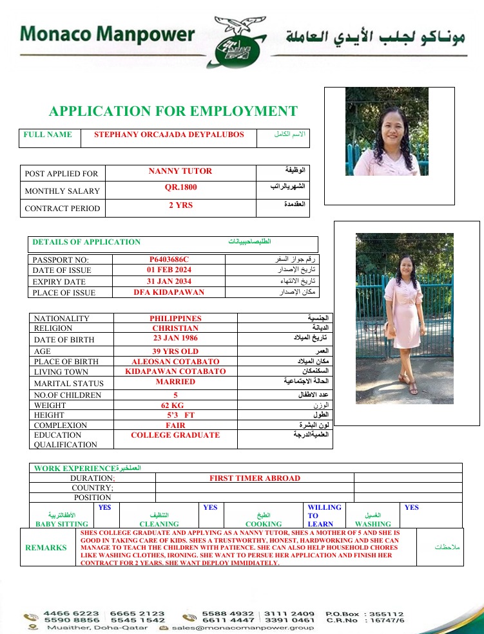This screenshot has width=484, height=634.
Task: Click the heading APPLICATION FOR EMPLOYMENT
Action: [x=173, y=111]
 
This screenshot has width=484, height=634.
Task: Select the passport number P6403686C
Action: [x=169, y=259]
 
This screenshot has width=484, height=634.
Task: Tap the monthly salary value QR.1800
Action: [x=180, y=188]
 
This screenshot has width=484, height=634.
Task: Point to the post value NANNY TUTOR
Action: [x=180, y=171]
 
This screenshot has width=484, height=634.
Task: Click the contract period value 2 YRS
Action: [x=180, y=206]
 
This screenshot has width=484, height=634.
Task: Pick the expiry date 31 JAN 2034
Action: [x=169, y=281]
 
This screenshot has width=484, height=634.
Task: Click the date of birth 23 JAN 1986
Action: [x=175, y=338]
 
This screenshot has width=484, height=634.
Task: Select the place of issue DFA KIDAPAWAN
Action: [x=169, y=292]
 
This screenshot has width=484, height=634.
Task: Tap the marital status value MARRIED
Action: [x=175, y=382]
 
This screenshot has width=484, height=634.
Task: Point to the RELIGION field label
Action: [x=53, y=328]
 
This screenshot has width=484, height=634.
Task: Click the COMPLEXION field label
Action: [x=61, y=425]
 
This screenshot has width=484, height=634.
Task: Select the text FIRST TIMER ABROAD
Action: [x=255, y=478]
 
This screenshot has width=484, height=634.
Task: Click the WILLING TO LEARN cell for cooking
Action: [x=324, y=516]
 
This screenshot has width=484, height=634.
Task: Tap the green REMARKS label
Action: [x=46, y=548]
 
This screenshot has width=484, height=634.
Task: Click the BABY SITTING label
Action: [x=62, y=524]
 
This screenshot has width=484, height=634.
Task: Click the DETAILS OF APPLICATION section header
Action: [x=86, y=242]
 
